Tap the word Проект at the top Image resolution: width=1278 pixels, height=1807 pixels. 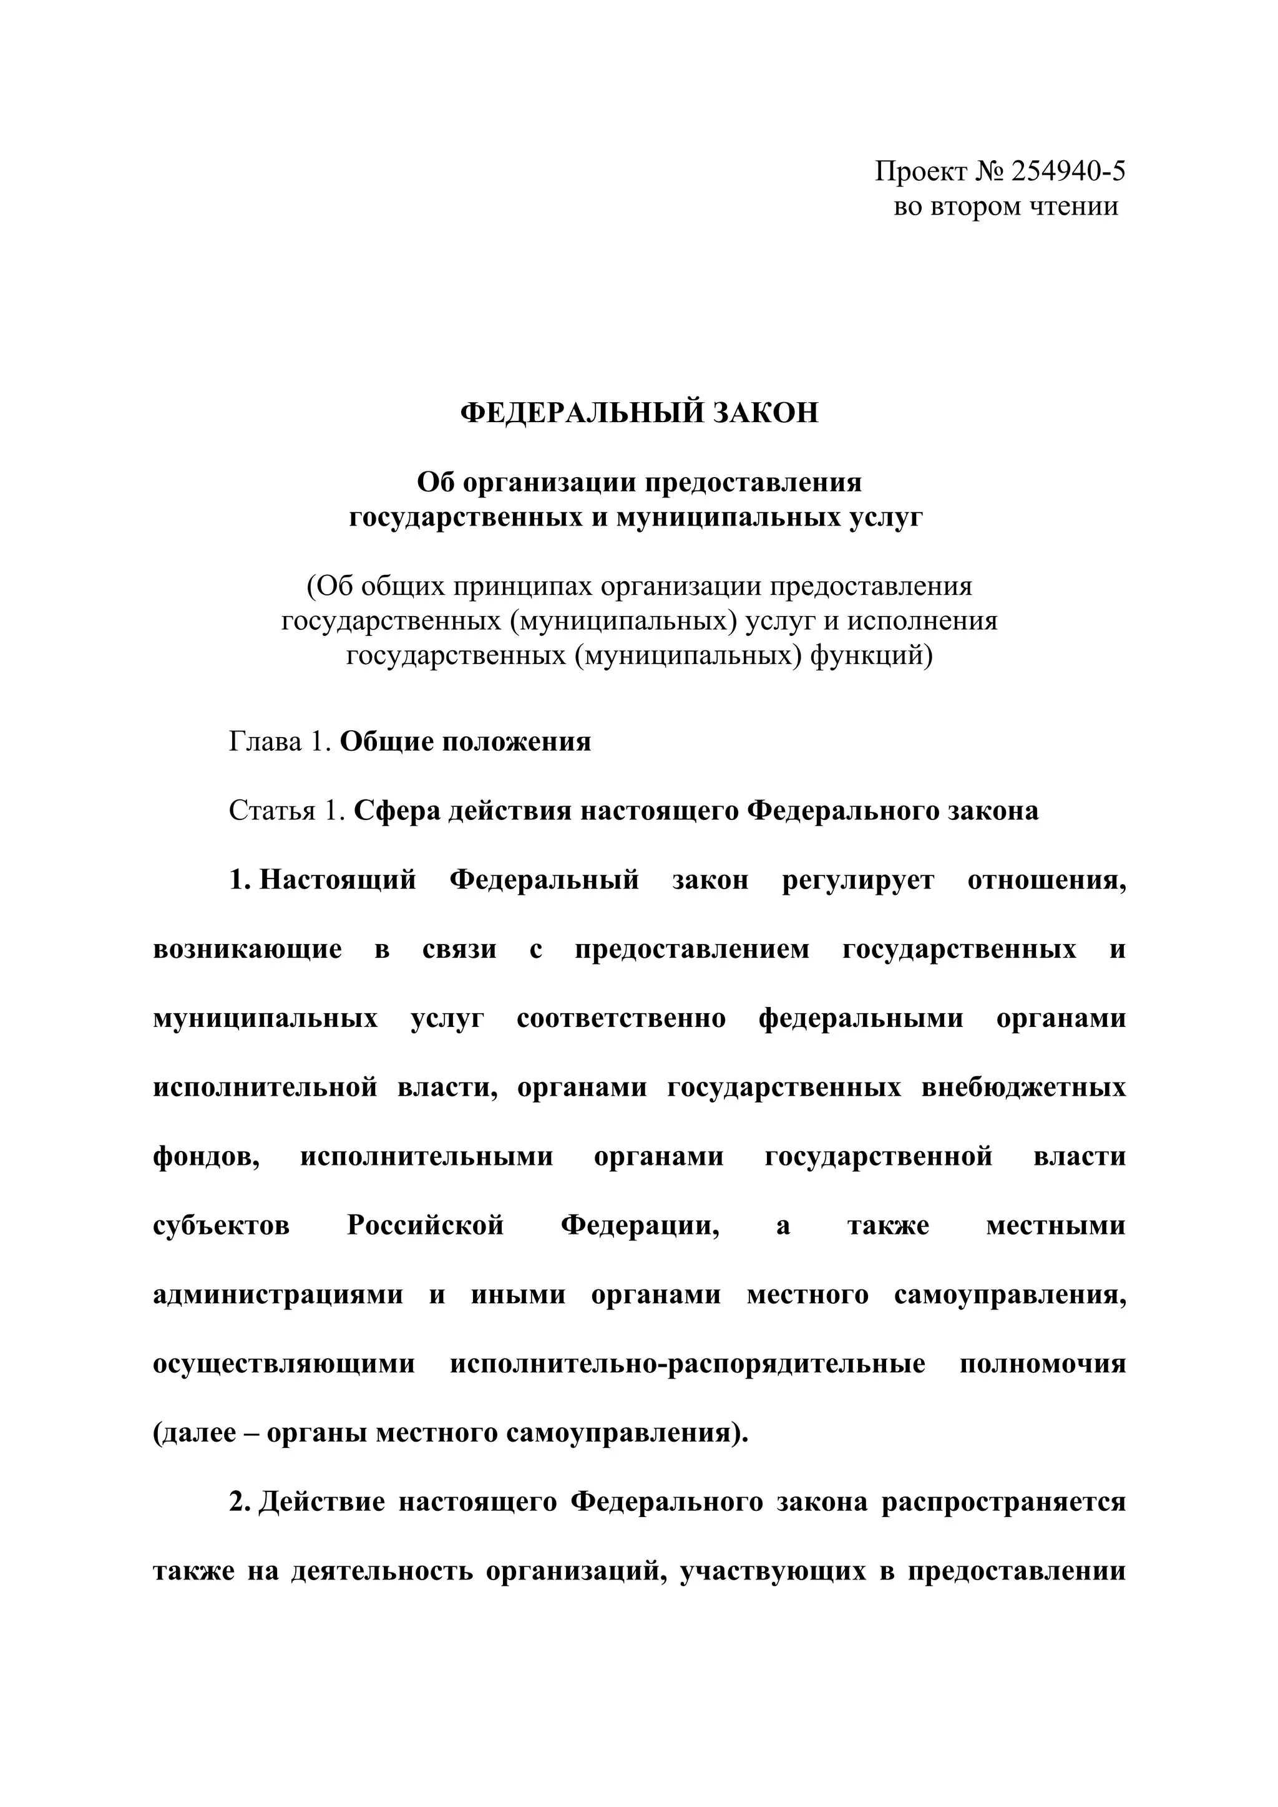(x=920, y=171)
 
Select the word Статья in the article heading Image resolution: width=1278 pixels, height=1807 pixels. (x=271, y=811)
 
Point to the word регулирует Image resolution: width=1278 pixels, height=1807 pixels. (x=858, y=880)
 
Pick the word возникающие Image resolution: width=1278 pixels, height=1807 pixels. (x=247, y=949)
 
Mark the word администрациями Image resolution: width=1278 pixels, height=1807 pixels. (x=278, y=1296)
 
